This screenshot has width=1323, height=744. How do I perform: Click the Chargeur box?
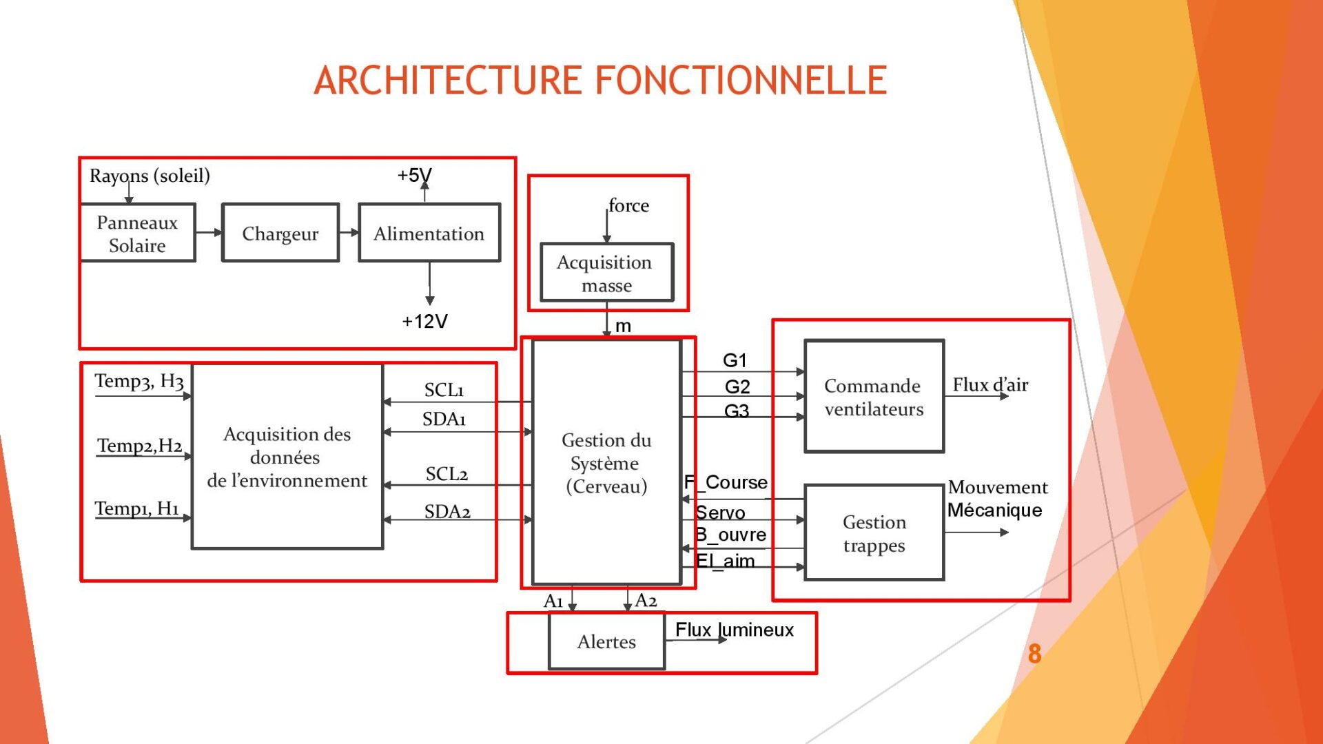pos(280,234)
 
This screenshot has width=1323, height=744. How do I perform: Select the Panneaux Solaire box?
pos(137,234)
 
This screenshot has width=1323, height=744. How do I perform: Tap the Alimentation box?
pos(429,234)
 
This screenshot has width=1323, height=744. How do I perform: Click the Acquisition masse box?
pos(606,273)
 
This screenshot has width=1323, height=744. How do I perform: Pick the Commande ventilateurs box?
pos(874,397)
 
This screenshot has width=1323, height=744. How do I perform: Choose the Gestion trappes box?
pos(874,533)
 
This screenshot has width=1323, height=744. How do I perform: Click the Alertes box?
pos(606,641)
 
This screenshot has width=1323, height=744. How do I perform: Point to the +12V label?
pos(424,321)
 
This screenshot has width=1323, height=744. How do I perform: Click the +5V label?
pos(414,175)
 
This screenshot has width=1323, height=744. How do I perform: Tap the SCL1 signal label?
pos(444,390)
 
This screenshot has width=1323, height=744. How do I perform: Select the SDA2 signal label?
pos(447,512)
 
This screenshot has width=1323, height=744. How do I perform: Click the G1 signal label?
pos(735,360)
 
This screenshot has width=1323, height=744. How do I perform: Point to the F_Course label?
pos(726,482)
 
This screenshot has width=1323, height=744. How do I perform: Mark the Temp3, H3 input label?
pos(139,381)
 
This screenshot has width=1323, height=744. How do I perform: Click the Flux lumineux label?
pos(735,630)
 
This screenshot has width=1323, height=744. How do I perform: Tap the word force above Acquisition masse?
pos(628,205)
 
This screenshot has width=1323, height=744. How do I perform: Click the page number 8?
pos(1034,654)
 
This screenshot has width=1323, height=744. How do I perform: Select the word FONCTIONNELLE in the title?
pos(741,80)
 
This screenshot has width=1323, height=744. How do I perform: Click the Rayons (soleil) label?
pos(150,176)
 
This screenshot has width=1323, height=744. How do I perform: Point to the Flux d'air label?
pos(990,384)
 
